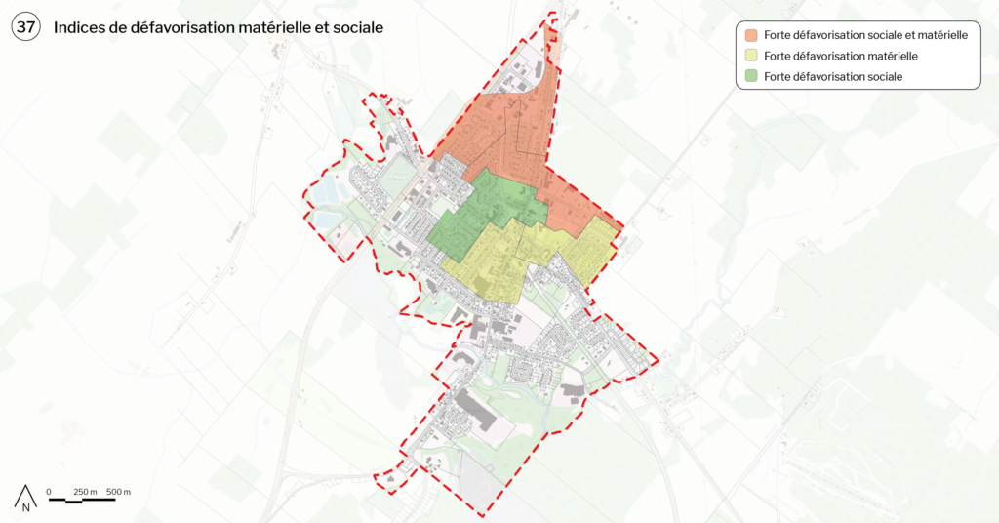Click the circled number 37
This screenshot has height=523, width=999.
[26, 28]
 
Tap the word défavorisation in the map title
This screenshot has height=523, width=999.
[170, 28]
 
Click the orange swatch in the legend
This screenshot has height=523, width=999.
[751, 35]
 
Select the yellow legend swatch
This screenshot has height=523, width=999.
[751, 56]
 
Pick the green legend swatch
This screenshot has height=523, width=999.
[751, 76]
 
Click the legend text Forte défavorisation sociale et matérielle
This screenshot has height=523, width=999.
[865, 35]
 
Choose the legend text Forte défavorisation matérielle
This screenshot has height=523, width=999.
[841, 56]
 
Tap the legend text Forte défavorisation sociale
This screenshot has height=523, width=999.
[833, 76]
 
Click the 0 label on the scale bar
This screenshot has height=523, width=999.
[49, 491]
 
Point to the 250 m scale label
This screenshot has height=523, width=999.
[86, 491]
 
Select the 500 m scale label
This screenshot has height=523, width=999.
[119, 491]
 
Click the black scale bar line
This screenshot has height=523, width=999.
[82, 500]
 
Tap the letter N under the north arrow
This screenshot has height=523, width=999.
[27, 507]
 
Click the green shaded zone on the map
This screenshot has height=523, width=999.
[483, 210]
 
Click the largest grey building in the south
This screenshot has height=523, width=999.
[474, 409]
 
